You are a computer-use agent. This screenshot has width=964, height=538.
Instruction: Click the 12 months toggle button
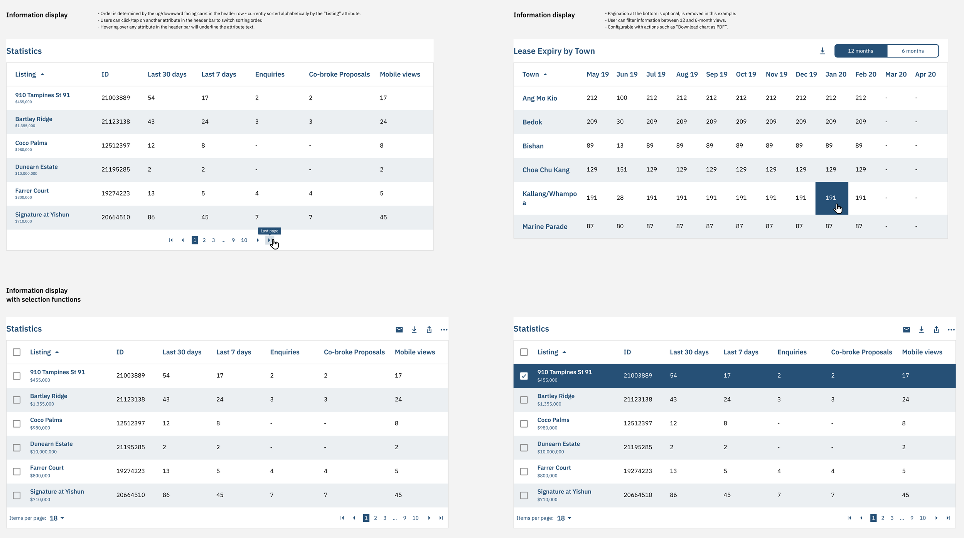coord(861,51)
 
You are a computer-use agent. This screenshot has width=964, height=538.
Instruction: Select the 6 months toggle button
coord(913,51)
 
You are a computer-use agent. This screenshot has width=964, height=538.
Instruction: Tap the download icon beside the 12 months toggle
coord(822,51)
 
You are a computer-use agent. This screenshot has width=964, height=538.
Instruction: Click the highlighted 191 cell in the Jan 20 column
coord(832,198)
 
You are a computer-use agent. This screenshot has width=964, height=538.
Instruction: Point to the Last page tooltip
coord(270,231)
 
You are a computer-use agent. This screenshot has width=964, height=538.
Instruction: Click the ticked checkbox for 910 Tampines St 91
coord(524,376)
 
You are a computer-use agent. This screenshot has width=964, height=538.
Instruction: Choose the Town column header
coord(531,74)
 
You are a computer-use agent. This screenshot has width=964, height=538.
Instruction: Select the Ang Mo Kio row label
coord(540,98)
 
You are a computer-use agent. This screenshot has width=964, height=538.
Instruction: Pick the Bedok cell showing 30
coord(620,122)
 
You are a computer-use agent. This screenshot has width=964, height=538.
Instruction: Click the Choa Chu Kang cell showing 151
coord(622,169)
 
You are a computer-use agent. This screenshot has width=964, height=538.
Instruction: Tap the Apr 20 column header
coord(925,74)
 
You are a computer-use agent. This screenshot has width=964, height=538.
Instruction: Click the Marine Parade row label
coord(545,227)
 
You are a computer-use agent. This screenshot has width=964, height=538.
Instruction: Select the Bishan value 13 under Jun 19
coord(620,146)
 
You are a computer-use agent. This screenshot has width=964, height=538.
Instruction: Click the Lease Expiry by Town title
coord(554,51)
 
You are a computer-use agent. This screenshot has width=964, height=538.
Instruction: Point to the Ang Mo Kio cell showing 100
coord(622,98)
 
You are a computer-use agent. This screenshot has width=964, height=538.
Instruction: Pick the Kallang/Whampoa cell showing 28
coord(620,198)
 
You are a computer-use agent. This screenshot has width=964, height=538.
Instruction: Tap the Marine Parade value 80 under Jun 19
coord(620,226)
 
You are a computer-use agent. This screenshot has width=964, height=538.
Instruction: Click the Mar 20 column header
coord(896,74)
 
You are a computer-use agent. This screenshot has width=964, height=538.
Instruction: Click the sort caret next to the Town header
coord(545,74)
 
